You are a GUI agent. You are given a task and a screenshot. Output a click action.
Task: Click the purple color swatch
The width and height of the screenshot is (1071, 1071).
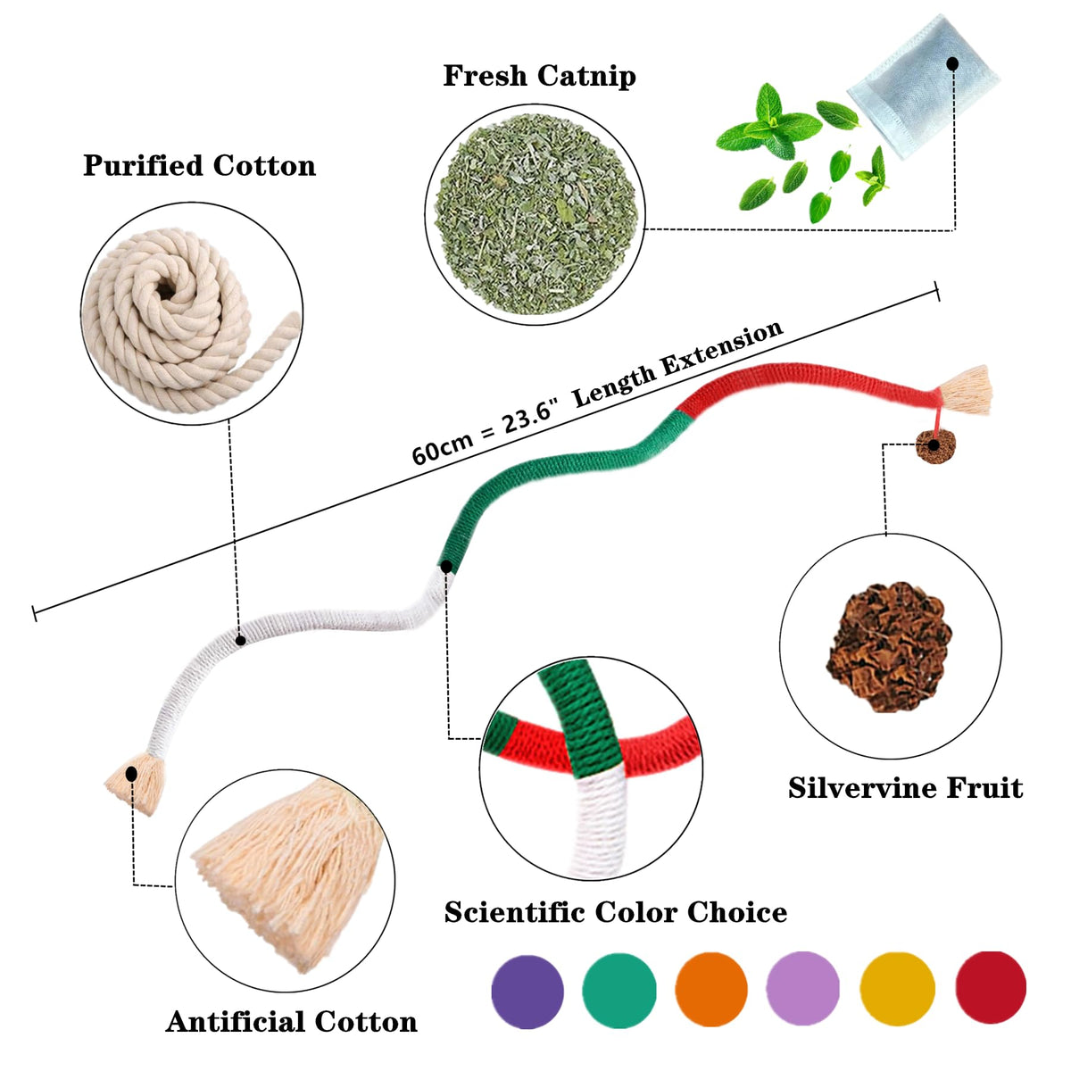527,992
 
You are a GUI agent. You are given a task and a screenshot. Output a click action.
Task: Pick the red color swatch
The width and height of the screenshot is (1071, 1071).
991,987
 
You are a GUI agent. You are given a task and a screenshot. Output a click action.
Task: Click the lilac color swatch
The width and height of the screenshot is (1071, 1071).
803,989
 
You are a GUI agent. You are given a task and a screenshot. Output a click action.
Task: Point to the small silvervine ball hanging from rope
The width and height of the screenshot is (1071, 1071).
934,444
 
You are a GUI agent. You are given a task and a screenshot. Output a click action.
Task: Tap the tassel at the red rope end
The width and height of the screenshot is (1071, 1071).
967,390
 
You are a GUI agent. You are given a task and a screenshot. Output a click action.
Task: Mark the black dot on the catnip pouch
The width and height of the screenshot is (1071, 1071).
953,64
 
